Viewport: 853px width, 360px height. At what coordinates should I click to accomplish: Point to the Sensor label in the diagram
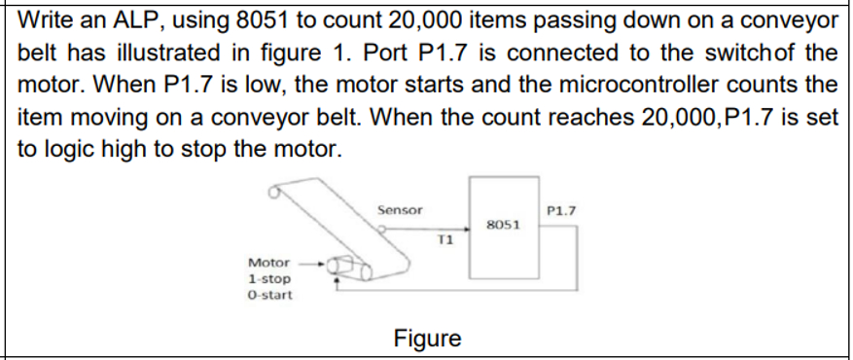click(399, 209)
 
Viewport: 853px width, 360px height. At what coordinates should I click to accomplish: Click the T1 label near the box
click(446, 239)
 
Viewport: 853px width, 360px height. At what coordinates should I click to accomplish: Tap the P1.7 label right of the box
click(562, 209)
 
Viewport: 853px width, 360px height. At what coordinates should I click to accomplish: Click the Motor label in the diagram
click(268, 263)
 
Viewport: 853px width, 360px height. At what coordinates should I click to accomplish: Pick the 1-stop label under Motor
click(268, 279)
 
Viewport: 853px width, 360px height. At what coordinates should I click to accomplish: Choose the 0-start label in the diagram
click(268, 295)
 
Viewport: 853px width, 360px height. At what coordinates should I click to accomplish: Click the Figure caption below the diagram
click(427, 339)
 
